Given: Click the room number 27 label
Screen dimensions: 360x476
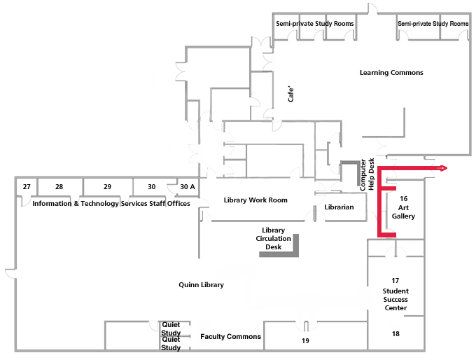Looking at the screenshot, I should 27,187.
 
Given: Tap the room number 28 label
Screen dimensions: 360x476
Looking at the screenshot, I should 59,187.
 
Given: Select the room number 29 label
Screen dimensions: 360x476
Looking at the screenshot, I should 107,187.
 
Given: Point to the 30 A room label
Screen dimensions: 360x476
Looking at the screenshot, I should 188,187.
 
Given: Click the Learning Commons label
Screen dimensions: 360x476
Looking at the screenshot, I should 391,73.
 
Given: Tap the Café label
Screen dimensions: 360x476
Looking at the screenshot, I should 292,95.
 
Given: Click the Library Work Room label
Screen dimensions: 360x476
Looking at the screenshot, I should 255,200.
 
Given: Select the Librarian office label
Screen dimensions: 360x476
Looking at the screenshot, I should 339,207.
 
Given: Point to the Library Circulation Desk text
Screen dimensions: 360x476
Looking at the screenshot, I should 273,238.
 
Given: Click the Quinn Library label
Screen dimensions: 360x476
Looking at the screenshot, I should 201,285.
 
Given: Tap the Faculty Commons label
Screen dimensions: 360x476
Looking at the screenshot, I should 230,337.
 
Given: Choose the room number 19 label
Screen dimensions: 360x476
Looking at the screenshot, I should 305,341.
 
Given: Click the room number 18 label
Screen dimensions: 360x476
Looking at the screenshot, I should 395,334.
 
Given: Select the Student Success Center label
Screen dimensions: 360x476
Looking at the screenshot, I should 395,295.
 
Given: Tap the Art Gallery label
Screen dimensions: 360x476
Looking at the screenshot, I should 403,208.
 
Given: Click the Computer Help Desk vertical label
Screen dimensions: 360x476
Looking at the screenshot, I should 367,174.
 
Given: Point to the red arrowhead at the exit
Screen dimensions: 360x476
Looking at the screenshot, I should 443,169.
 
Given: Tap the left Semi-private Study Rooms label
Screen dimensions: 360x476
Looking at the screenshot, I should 315,24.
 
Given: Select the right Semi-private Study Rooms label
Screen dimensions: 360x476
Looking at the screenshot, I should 433,24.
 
